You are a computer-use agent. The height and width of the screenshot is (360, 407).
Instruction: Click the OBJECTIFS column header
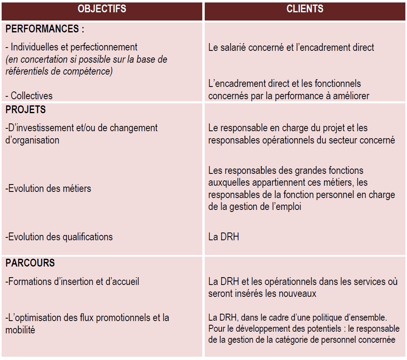[102, 9]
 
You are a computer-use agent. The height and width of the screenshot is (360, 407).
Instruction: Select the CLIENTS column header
[305, 9]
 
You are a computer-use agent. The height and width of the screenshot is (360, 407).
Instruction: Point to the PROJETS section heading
[26, 110]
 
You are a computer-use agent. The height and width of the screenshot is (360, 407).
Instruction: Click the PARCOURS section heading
[30, 263]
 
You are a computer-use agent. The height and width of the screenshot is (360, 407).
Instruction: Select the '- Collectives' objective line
[29, 96]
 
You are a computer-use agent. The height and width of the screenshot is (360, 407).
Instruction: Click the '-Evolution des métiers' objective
[48, 189]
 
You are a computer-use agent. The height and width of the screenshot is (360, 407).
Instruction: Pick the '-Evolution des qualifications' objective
[59, 237]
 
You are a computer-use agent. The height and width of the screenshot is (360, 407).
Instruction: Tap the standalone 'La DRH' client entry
[224, 237]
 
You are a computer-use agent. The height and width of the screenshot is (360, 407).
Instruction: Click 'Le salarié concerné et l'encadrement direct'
[291, 47]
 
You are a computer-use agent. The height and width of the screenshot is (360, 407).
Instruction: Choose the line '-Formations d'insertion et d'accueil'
[73, 282]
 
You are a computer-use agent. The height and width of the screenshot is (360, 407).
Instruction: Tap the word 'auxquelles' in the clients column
[229, 182]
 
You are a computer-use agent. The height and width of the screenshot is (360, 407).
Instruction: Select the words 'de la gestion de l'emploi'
[255, 207]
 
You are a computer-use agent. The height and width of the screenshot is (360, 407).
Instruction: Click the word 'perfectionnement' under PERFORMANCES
[104, 47]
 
